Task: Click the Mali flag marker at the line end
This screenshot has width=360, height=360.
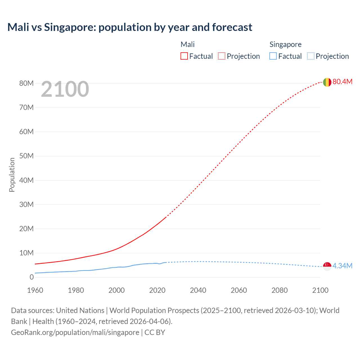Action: coord(327,82)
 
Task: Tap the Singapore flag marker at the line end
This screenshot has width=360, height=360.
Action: coord(327,266)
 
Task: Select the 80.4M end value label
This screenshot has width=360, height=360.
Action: coord(342,82)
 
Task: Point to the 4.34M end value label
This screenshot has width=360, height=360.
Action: coord(342,266)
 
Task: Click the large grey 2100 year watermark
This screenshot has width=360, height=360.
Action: coord(65,89)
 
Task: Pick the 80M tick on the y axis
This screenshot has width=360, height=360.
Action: coord(26,83)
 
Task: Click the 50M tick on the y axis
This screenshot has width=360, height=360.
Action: coord(26,156)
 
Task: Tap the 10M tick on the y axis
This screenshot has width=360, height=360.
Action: coord(26,253)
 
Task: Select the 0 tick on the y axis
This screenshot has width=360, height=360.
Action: coord(31,277)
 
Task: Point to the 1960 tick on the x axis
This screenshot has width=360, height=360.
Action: coord(35,290)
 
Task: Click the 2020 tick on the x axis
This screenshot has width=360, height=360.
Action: coord(157,290)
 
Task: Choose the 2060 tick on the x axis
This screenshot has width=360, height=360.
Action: coord(239,290)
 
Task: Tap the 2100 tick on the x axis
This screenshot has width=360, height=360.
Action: coord(320,290)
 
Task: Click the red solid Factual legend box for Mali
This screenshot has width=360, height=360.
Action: coord(184,56)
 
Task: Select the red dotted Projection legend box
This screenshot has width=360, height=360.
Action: coord(222,56)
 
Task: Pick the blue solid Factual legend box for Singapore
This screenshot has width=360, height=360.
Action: coord(273,56)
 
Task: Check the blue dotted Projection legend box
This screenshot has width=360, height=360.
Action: coord(310,56)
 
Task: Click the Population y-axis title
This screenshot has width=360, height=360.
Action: coord(12,175)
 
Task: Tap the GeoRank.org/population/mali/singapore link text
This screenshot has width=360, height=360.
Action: coord(75,332)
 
